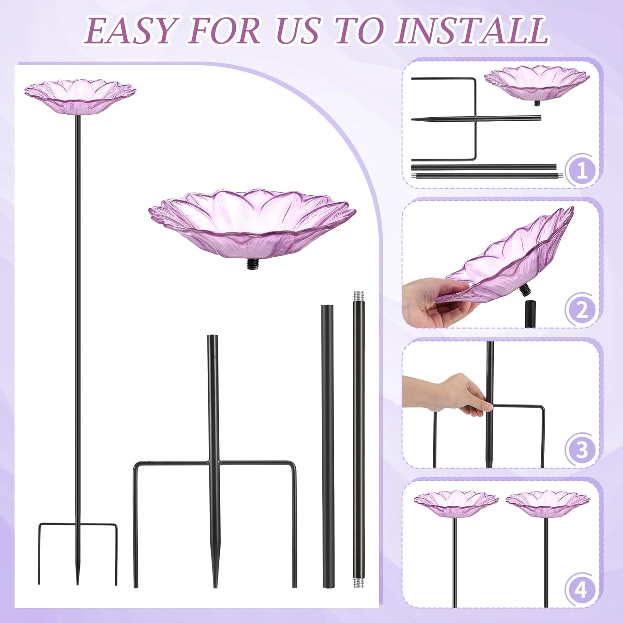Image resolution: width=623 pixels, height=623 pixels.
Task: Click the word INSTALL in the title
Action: tap(472, 30)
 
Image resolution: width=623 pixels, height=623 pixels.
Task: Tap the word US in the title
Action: tap(299, 30)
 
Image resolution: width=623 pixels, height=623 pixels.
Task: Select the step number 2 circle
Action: tap(582, 310)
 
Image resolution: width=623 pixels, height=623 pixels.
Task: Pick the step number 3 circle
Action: tap(582, 450)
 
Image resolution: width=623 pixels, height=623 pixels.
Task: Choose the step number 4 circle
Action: tap(582, 589)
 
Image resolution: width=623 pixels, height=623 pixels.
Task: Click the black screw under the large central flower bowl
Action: tap(252, 265)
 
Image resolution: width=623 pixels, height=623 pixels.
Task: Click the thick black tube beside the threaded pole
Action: tap(328, 446)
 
